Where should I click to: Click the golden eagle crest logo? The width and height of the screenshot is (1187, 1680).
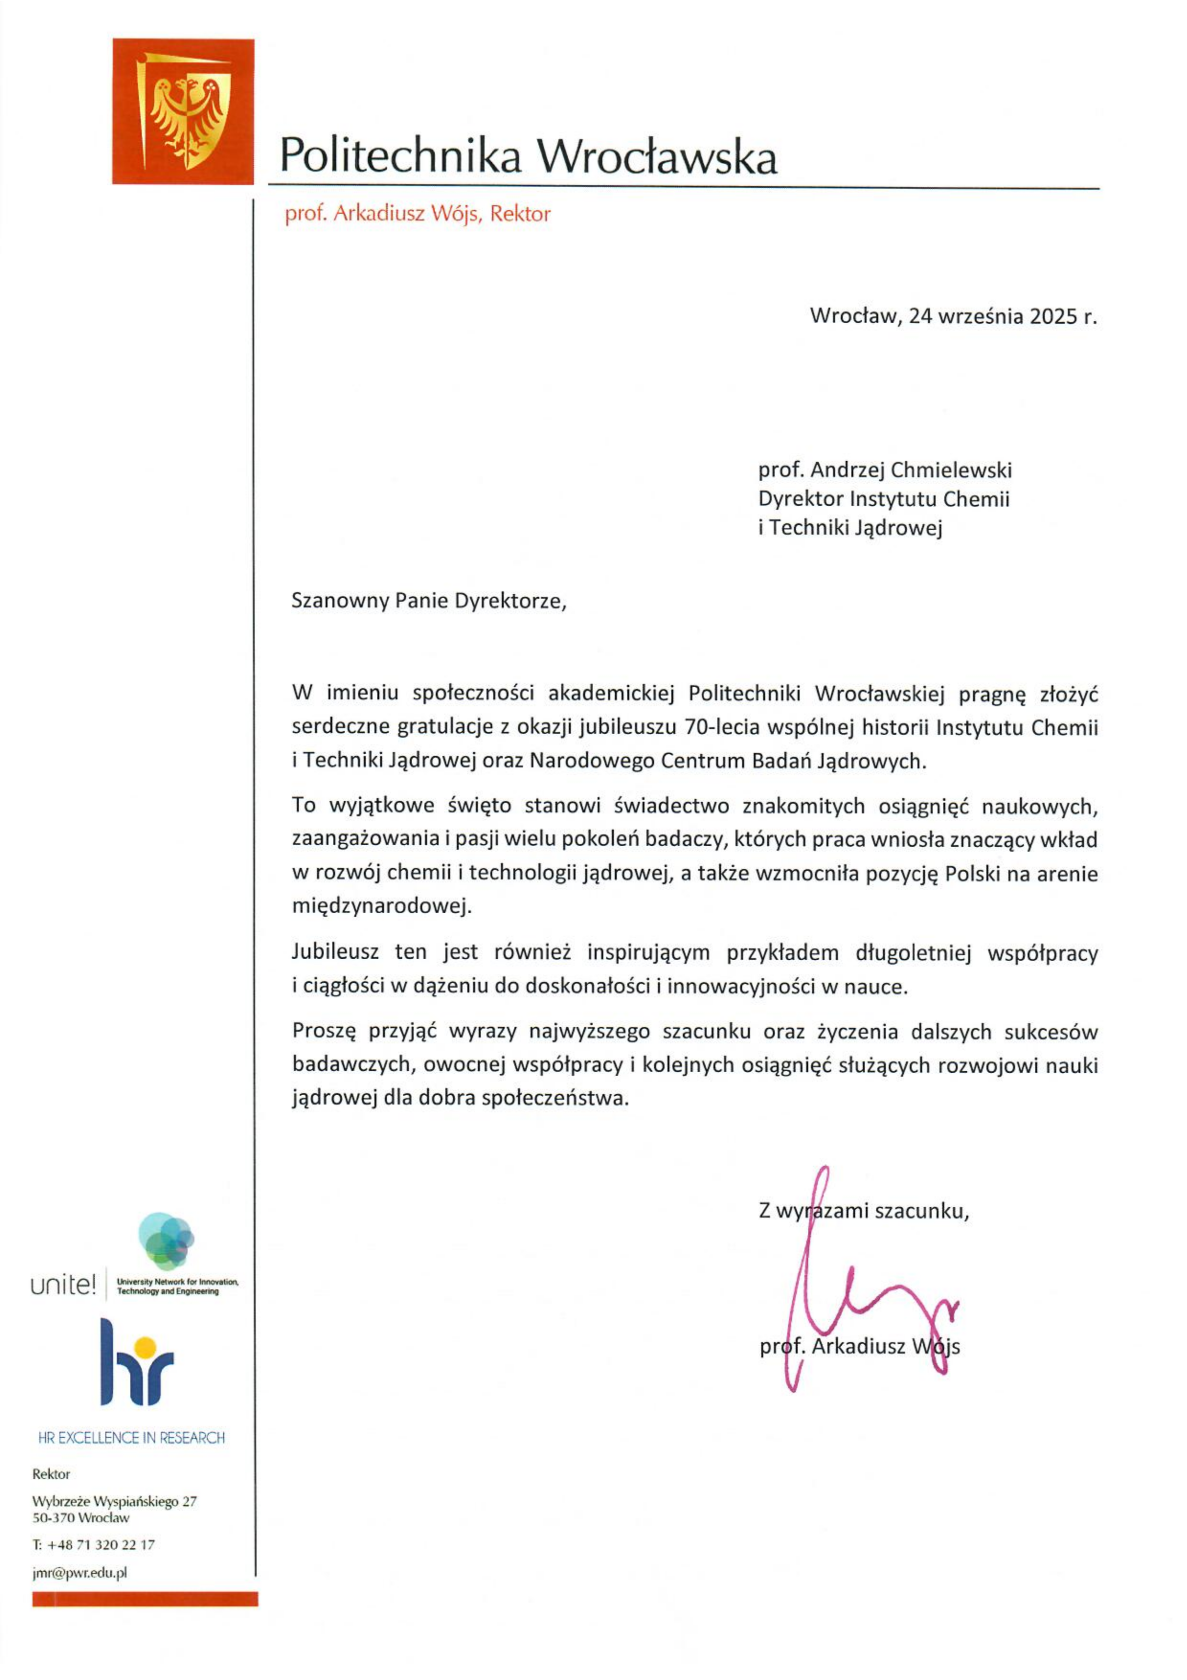[183, 111]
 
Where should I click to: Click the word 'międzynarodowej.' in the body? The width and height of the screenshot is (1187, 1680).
[382, 907]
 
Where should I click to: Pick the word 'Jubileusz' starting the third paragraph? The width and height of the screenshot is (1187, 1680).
[336, 952]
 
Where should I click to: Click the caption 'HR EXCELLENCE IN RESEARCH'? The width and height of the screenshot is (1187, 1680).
[132, 1438]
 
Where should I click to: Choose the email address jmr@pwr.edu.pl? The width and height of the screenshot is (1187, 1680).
[79, 1572]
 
